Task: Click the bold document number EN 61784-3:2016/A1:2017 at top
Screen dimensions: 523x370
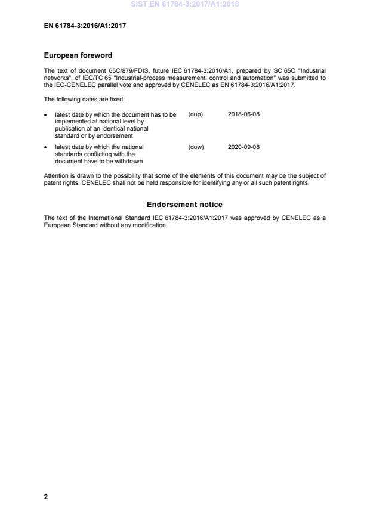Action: click(x=85, y=26)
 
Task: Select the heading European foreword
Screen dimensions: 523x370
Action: click(x=78, y=55)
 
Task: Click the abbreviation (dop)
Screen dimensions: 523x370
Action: click(x=195, y=114)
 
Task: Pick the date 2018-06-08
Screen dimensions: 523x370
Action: click(x=243, y=114)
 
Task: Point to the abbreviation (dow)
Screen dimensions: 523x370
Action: click(x=196, y=147)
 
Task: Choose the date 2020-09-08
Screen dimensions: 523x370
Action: click(x=243, y=147)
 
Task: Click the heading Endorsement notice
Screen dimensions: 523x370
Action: click(x=184, y=205)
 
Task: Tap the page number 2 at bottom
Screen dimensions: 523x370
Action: click(x=46, y=496)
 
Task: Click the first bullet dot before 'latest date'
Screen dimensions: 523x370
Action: click(x=47, y=115)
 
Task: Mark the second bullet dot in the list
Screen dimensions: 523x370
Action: click(x=47, y=147)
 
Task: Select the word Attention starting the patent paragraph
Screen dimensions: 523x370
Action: click(x=55, y=175)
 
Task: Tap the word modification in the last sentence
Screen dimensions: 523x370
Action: click(x=152, y=225)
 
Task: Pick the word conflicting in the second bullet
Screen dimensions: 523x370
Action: click(x=91, y=154)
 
